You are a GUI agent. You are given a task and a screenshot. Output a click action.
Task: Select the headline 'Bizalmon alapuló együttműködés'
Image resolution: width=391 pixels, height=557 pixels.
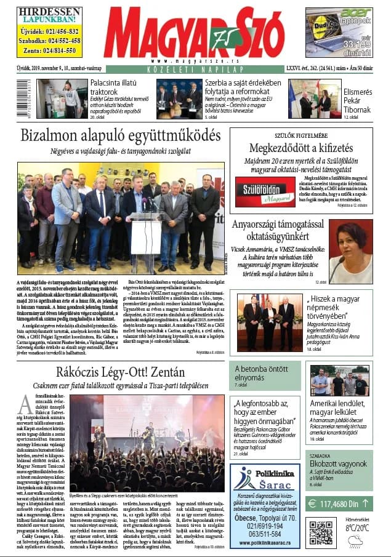pyautogui.click(x=120, y=135)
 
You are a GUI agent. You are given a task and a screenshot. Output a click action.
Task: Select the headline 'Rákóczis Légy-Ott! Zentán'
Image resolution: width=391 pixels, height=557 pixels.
pyautogui.click(x=120, y=372)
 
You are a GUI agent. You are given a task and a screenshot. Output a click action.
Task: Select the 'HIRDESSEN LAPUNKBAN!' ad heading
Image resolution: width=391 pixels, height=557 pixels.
pyautogui.click(x=49, y=15)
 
